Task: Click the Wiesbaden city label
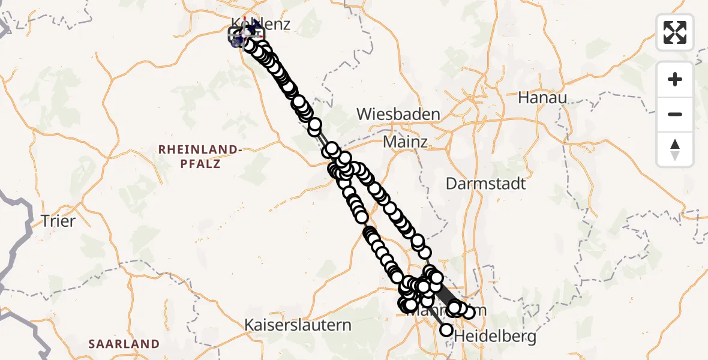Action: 398,114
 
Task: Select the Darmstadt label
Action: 485,184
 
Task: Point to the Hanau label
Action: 542,97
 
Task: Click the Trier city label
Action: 58,221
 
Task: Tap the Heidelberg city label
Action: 496,337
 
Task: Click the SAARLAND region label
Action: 124,344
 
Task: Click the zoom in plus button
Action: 675,79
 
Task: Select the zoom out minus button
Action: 675,114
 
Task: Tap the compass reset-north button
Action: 675,149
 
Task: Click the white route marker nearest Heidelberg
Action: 446,329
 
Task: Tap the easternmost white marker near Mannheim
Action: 469,311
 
